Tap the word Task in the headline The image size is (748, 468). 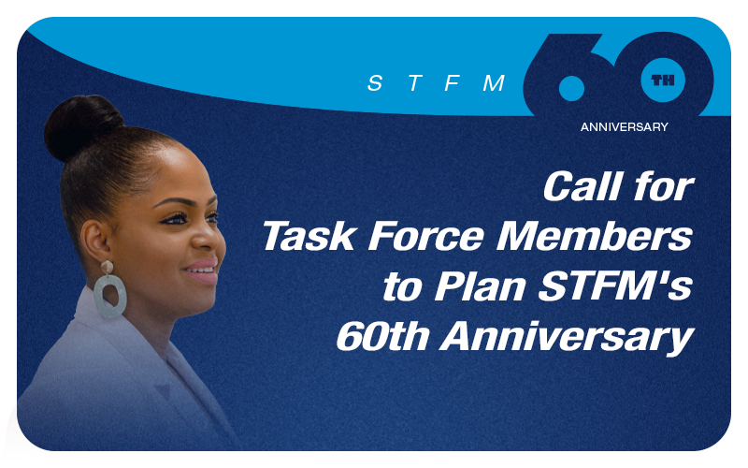(309, 237)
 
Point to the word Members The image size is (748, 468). (595, 237)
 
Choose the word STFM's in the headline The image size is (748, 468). (615, 286)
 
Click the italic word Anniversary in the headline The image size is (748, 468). (568, 338)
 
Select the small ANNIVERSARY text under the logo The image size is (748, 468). (624, 127)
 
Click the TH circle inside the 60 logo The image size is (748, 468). (663, 80)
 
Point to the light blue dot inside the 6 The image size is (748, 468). (571, 88)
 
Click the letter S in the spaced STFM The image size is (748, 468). (375, 83)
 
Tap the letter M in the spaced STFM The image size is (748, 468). (494, 83)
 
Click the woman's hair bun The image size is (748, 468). (81, 125)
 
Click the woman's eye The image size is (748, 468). (178, 219)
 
